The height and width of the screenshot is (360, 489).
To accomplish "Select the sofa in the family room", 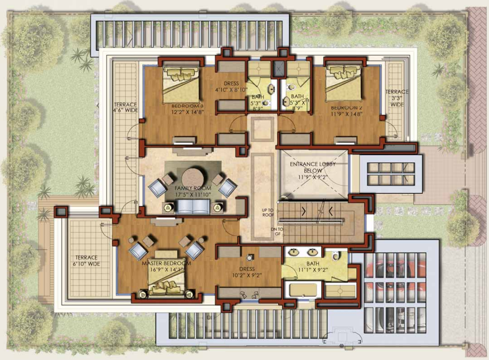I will coord(193,206).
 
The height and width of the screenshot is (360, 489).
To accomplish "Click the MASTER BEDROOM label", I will coord(166,264).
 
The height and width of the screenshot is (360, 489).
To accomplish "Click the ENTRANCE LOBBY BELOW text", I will coord(313,167).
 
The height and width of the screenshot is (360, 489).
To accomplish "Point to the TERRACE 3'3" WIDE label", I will coord(397,98).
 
